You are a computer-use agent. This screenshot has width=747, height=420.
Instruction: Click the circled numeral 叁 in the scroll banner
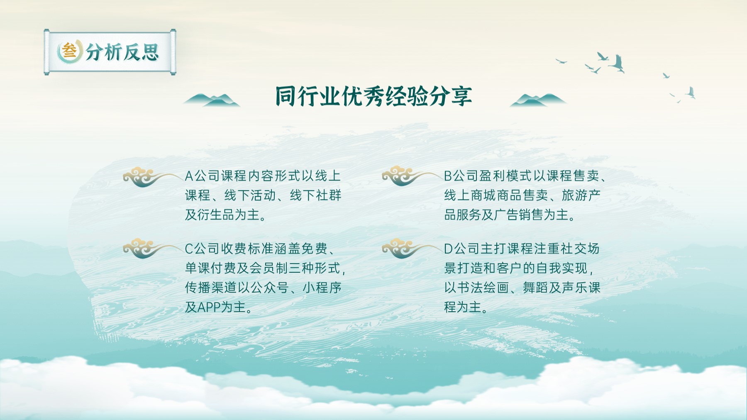69,51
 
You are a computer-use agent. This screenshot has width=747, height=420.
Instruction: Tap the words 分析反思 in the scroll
122,52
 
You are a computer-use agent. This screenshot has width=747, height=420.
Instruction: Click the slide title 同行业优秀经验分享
373,96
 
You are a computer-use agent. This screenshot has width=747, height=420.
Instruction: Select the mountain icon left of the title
212,100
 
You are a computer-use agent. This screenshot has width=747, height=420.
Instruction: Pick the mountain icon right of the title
538,100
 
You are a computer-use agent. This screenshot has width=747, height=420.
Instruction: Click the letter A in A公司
189,176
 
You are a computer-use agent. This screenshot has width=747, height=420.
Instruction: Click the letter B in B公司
448,176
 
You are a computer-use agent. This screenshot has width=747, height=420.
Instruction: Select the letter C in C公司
189,249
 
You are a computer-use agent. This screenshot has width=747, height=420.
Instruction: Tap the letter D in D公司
448,249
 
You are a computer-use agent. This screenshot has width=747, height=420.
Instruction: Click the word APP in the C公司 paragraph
209,308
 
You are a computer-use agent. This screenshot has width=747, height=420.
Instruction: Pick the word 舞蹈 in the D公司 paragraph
535,288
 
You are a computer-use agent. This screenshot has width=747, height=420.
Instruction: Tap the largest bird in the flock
617,63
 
